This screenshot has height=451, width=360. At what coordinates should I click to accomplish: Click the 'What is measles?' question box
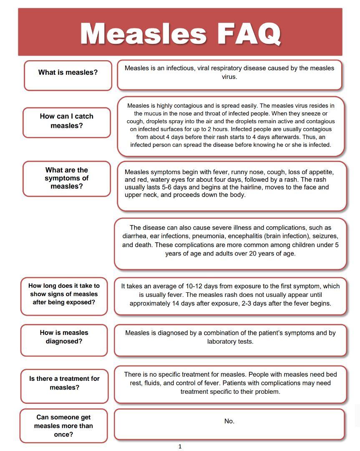[x=68, y=73]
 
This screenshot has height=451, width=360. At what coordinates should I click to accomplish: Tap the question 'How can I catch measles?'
[x=67, y=121]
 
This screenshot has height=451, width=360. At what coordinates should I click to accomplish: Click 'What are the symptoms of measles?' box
[x=67, y=178]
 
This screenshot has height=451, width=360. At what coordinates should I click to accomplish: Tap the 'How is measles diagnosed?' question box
[x=64, y=337]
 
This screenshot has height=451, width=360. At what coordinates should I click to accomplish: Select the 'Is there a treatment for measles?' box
[x=64, y=383]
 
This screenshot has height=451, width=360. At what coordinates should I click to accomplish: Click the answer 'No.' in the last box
[x=229, y=421]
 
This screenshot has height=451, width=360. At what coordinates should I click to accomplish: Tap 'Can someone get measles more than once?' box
[x=63, y=426]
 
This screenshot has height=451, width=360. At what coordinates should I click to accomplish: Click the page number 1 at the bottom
[x=180, y=446]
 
